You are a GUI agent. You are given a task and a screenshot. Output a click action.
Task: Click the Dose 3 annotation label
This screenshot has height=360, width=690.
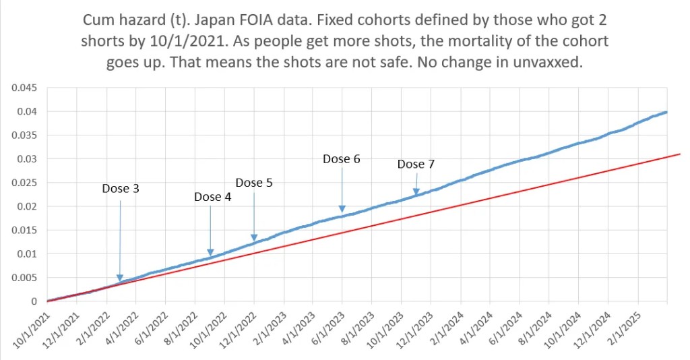tap(121, 189)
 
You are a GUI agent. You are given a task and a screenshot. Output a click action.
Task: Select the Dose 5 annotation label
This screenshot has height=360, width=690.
tap(253, 183)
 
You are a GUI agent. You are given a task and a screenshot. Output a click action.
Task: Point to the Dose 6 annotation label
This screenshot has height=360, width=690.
tap(342, 159)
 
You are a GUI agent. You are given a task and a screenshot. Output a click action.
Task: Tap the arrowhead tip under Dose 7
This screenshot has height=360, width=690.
tap(416, 194)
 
